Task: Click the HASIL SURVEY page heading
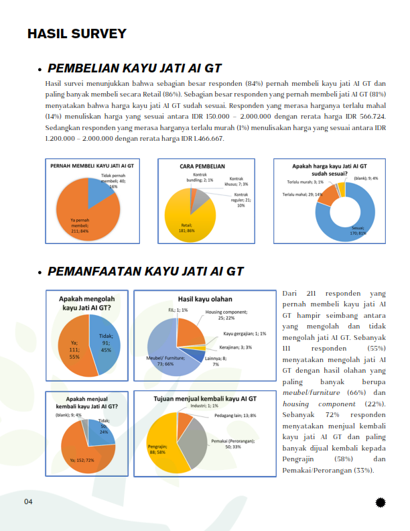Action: coord(76,34)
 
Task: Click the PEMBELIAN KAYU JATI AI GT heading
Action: coord(134,68)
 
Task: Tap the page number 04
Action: coord(29,501)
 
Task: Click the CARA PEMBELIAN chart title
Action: coord(202,166)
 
